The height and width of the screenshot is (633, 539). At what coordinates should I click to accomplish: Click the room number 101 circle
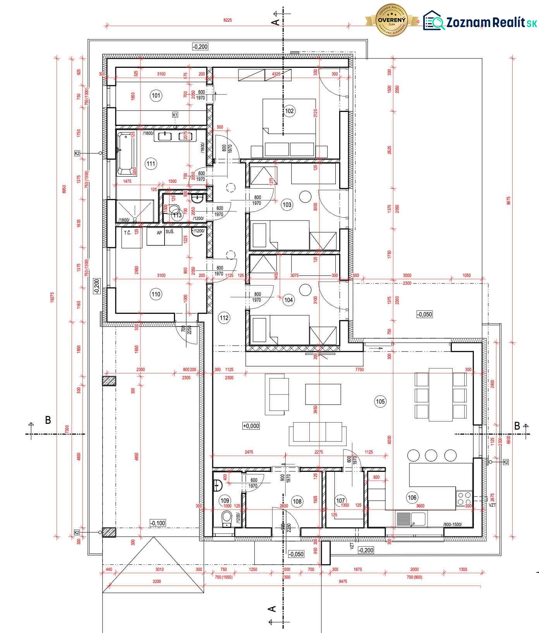click(156, 96)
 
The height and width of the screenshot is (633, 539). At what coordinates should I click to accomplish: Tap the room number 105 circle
click(380, 401)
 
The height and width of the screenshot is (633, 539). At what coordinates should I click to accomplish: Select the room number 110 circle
click(156, 294)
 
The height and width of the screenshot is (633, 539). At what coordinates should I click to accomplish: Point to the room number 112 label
click(224, 318)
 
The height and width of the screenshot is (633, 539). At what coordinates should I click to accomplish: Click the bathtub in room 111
click(126, 154)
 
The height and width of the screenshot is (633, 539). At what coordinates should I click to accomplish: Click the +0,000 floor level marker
click(251, 426)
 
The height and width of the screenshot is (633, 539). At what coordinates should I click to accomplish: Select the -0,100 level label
click(158, 523)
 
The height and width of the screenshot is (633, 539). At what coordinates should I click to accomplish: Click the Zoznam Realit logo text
click(491, 22)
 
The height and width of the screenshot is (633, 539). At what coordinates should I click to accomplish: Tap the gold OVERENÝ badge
click(392, 20)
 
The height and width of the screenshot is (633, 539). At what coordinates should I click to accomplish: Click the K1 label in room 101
click(175, 115)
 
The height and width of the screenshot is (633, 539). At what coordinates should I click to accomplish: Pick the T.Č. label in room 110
click(127, 233)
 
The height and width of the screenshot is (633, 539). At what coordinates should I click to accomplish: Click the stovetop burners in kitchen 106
click(463, 498)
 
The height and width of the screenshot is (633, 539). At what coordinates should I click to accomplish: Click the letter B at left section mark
click(48, 420)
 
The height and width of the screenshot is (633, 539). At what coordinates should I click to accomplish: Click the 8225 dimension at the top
click(228, 20)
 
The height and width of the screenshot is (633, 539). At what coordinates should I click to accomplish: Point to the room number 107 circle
click(340, 501)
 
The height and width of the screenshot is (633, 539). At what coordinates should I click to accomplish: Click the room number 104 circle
click(288, 300)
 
